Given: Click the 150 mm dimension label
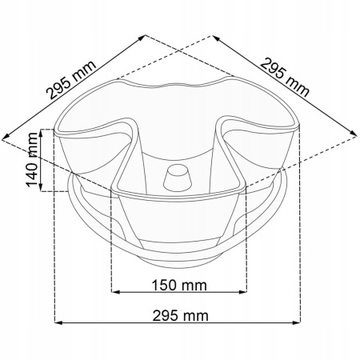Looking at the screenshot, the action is tap(179, 285).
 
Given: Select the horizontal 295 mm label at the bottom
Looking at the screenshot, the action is tap(180, 316).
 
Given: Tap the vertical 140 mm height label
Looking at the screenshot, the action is tap(32, 159).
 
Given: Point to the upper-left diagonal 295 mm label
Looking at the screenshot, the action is tap(71, 80).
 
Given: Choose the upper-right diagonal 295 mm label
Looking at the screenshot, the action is tap(285, 78).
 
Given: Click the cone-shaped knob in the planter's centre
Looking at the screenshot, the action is tap(178, 178).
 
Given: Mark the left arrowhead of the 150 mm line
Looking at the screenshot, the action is tap(115, 292).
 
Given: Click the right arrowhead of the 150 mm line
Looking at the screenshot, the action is tap(243, 292).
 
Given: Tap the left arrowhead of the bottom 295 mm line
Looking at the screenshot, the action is tap(58, 322).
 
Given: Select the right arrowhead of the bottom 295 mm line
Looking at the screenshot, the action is tap(297, 322).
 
